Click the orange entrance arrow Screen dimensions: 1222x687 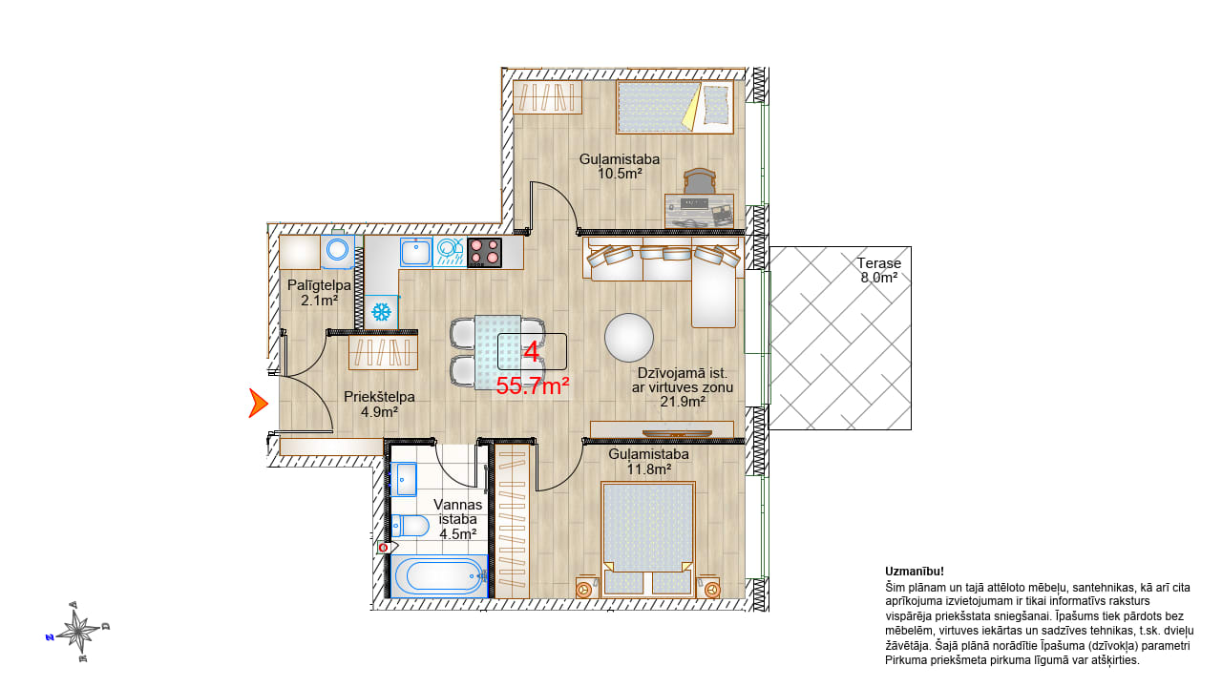coord(258,404)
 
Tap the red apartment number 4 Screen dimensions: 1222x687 coord(532,352)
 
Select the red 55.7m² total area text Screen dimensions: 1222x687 coord(533,386)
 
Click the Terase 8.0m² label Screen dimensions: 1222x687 coord(879,270)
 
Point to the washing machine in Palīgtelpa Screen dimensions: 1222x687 coord(338,251)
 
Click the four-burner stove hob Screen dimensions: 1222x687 coord(484,253)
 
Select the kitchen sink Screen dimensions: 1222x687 coord(416,252)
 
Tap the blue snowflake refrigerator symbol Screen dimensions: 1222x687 coord(381,312)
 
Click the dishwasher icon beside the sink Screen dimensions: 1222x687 coord(450,252)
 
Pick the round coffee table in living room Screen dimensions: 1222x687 coord(629,338)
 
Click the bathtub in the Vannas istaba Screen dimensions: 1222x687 coord(439,575)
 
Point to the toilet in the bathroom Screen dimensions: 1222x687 coord(411,526)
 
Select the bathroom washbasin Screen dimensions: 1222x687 coord(404,479)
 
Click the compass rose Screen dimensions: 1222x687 coord(78,632)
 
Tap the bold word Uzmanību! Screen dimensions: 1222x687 coord(915,572)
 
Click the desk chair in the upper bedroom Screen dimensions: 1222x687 coord(700,181)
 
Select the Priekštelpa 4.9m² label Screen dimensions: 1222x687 coord(379,404)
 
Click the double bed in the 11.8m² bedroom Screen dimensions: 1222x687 coord(647,538)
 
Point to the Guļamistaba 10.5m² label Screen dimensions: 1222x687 coord(620,166)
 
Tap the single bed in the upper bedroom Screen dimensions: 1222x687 coord(674,107)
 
